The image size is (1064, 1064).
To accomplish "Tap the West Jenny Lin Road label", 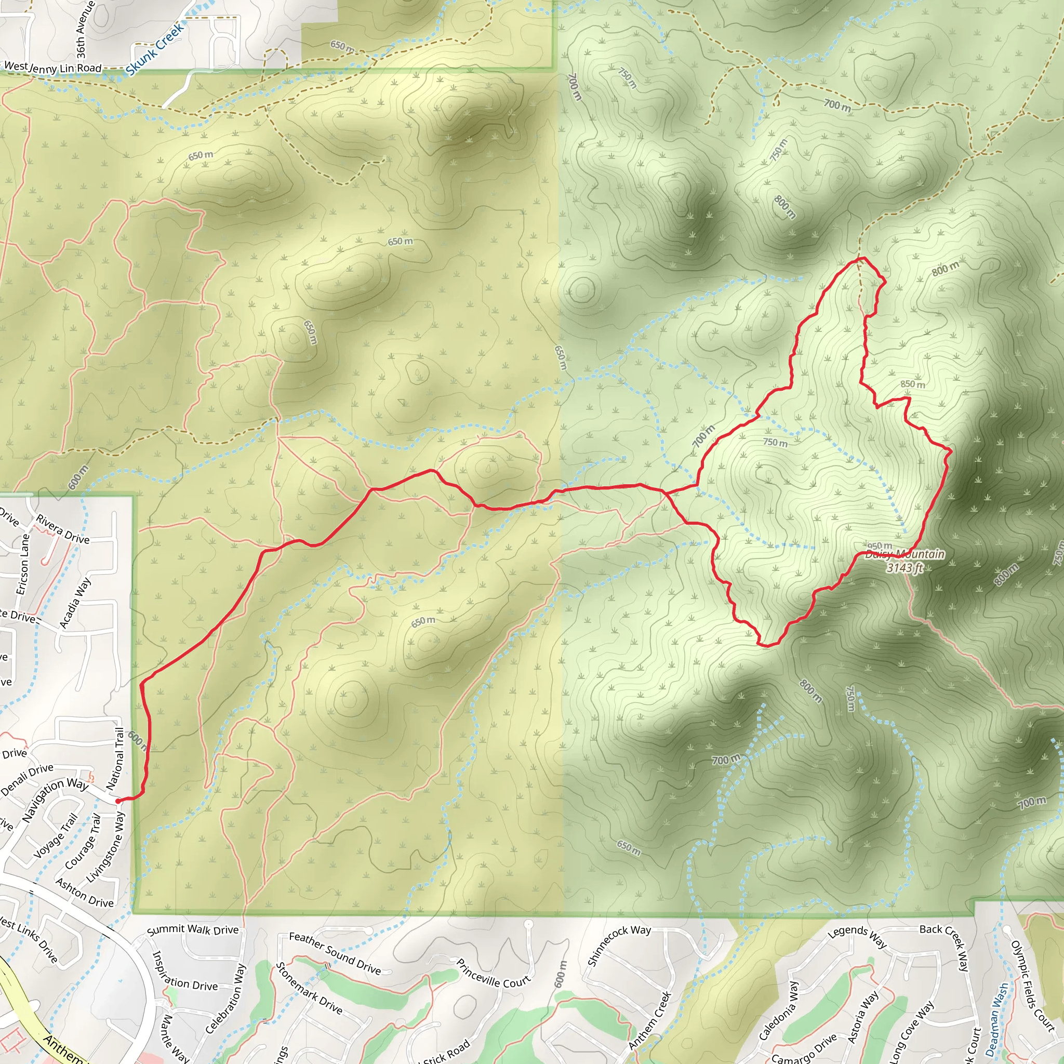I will (x=53, y=67).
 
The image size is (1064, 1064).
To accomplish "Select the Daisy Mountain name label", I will (x=905, y=554).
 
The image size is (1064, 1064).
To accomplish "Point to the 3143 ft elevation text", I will (x=905, y=568).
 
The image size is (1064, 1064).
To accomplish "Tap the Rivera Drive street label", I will (x=63, y=529).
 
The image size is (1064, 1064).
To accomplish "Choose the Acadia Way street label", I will (x=75, y=603).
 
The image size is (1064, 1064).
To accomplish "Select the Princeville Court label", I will (x=493, y=973).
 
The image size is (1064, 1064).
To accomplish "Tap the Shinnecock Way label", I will (x=619, y=945).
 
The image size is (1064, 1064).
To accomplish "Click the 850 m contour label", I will (x=912, y=384).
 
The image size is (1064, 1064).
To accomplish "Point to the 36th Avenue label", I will (x=82, y=30).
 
